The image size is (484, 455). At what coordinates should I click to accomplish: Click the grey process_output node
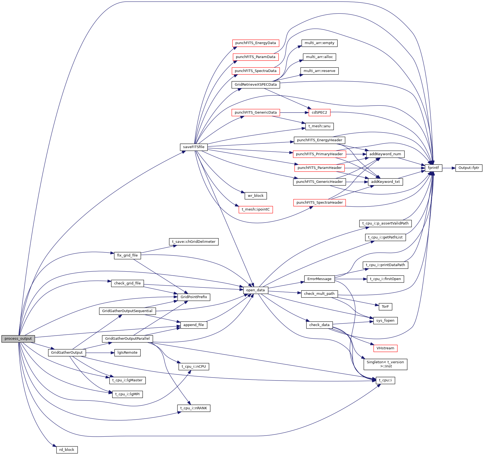[x=18, y=339]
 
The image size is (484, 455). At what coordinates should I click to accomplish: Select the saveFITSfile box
[x=193, y=147]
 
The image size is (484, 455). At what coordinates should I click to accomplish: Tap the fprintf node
[x=433, y=168]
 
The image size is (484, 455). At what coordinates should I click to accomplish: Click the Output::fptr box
[x=469, y=168]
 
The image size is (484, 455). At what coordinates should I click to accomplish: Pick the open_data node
[x=255, y=290]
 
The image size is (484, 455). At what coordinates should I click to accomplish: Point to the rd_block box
[x=67, y=450]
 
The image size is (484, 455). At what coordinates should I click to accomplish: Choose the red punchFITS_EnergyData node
[x=255, y=43]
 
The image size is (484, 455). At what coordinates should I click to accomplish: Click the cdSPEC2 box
[x=319, y=113]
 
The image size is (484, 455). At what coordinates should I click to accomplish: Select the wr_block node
[x=256, y=196]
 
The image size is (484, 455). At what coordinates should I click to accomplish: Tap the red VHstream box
[x=385, y=348]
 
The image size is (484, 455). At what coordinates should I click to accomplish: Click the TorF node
[x=385, y=307]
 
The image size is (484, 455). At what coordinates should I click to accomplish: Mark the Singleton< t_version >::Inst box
[x=385, y=364]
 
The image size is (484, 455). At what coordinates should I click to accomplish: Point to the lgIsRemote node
[x=127, y=353]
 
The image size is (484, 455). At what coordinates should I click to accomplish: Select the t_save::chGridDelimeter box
[x=193, y=242]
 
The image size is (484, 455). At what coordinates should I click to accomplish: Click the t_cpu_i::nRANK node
[x=193, y=408]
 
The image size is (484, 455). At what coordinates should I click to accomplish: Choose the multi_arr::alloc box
[x=319, y=57]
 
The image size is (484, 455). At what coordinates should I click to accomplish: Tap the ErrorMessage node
[x=319, y=279]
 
